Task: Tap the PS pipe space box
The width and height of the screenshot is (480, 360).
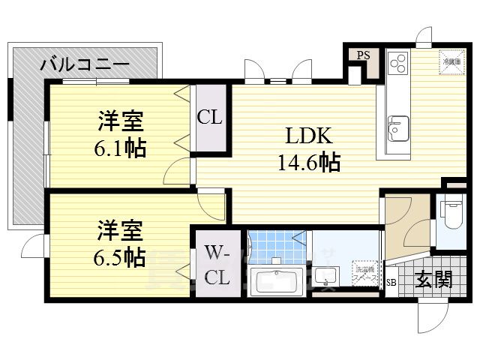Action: (x=363, y=55)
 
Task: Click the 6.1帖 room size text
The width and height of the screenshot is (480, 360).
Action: (x=120, y=148)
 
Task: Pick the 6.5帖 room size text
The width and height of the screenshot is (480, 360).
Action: (x=120, y=257)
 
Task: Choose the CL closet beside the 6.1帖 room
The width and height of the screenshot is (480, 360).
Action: (x=209, y=117)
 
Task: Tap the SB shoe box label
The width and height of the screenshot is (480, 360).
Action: (x=391, y=283)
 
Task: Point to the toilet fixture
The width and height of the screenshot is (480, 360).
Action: (x=453, y=213)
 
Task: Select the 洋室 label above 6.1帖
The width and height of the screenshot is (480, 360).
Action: (x=119, y=120)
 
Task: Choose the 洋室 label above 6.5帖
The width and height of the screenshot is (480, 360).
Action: (x=119, y=229)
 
